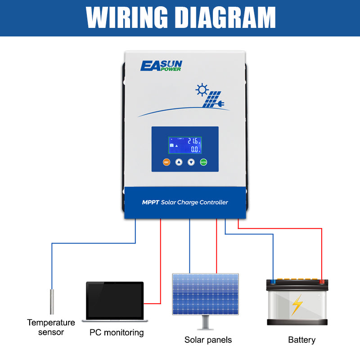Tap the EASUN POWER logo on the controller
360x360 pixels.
(161, 66)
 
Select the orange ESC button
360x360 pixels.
(166, 162)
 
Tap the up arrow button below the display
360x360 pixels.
(179, 162)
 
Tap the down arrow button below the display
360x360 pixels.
(191, 162)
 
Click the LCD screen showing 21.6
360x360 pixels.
(185, 146)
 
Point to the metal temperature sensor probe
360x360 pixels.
(52, 301)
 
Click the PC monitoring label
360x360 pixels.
(116, 333)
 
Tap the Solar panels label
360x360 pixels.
(208, 340)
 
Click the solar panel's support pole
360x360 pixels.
(206, 322)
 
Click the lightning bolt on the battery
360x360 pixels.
(297, 305)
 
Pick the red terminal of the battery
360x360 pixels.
(322, 282)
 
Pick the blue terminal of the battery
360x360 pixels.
(273, 282)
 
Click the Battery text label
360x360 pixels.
(301, 340)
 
